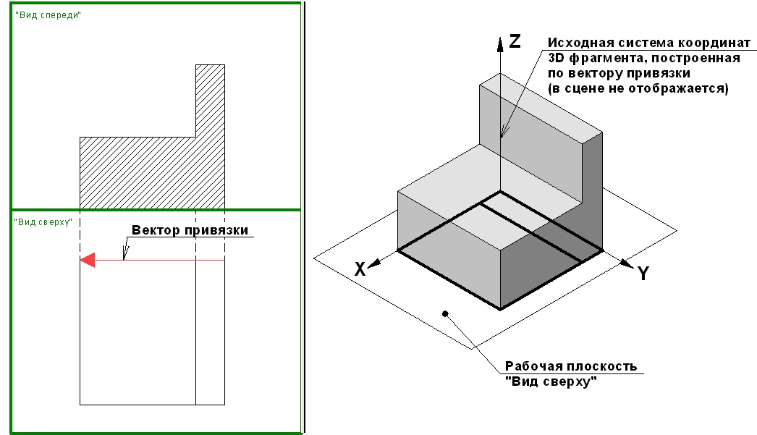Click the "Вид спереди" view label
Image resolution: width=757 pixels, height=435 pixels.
[48, 15]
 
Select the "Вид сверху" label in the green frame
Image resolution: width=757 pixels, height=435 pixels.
[43, 222]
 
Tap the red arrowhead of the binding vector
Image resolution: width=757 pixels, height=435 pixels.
[88, 261]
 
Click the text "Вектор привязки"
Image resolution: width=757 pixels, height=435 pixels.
[190, 230]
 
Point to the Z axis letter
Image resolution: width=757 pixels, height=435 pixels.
[515, 41]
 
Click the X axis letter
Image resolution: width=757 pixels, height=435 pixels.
[360, 269]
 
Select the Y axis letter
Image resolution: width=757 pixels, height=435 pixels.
[643, 274]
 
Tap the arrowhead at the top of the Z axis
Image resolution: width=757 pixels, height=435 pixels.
[500, 44]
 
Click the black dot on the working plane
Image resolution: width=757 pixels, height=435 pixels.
[445, 314]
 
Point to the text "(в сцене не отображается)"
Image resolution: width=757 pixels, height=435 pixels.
[638, 88]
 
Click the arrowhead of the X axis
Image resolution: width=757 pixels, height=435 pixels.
[375, 263]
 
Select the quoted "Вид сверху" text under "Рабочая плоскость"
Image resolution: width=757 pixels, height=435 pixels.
[551, 381]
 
